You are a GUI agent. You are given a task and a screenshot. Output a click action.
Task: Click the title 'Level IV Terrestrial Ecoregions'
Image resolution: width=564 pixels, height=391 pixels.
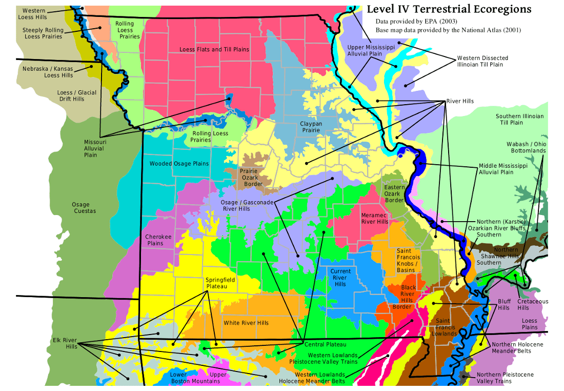pos(449,9)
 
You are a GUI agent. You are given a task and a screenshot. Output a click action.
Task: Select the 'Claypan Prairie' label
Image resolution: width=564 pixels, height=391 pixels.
pos(310,127)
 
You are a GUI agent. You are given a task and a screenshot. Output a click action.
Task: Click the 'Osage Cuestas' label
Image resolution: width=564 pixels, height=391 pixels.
pos(85,208)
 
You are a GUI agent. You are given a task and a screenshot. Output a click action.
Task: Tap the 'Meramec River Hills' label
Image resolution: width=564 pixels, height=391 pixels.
pos(375,219)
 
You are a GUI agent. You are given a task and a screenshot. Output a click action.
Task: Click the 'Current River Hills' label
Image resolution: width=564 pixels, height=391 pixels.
pos(340,278)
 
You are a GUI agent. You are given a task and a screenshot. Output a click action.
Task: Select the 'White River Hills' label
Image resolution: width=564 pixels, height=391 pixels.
pos(246,323)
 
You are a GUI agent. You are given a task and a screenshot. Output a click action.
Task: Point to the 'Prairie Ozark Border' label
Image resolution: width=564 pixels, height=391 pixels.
pos(253,177)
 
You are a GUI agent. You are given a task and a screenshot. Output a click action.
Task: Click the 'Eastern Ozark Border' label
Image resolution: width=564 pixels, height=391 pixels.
pos(394,194)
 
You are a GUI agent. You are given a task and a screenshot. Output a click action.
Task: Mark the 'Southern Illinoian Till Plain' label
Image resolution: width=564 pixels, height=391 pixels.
pos(519,120)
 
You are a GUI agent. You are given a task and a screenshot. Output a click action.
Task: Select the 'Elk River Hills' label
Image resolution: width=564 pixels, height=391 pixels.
pos(65,343)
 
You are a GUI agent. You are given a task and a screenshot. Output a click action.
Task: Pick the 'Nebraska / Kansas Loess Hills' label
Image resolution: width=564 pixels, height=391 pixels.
pos(48,72)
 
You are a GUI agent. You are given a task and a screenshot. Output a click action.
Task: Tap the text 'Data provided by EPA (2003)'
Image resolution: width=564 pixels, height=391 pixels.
pos(416,22)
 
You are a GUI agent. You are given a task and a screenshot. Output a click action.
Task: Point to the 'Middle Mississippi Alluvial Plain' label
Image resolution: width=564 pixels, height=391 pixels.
pos(503,169)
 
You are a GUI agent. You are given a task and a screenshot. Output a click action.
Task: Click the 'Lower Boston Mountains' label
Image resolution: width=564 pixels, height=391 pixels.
pos(188,378)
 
